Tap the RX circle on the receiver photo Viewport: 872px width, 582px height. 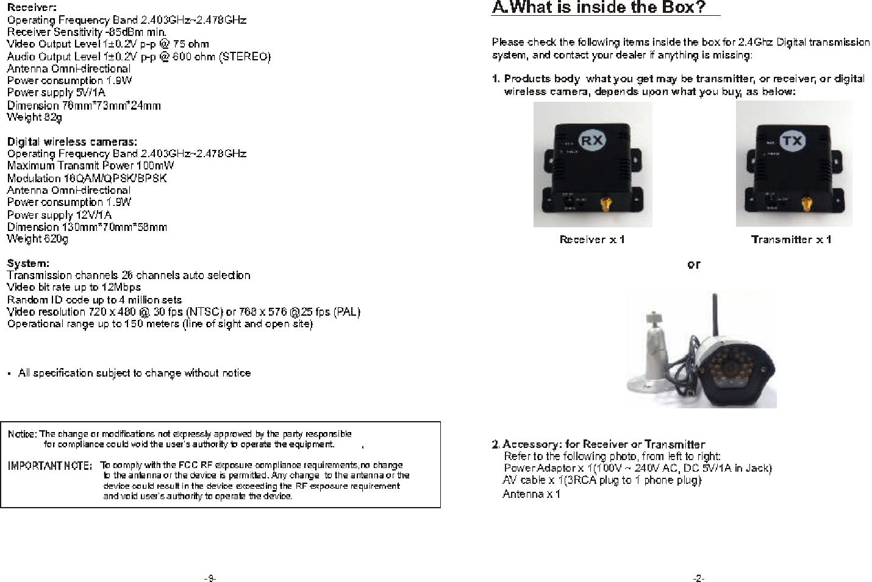point(590,140)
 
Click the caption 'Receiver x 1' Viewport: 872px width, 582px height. point(592,240)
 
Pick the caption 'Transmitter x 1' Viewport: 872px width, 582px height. point(791,240)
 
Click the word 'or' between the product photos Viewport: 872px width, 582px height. point(693,264)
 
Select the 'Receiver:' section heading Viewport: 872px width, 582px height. point(32,8)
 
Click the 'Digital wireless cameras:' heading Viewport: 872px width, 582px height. point(72,142)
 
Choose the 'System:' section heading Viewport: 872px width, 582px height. point(28,264)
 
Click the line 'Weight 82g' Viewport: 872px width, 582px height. point(34,117)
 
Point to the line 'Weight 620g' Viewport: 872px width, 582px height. point(37,239)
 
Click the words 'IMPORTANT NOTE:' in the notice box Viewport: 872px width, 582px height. point(49,466)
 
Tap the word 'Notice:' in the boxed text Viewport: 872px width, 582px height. point(22,435)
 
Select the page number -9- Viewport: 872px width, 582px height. point(209,578)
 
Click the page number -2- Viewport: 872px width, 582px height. point(698,578)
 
